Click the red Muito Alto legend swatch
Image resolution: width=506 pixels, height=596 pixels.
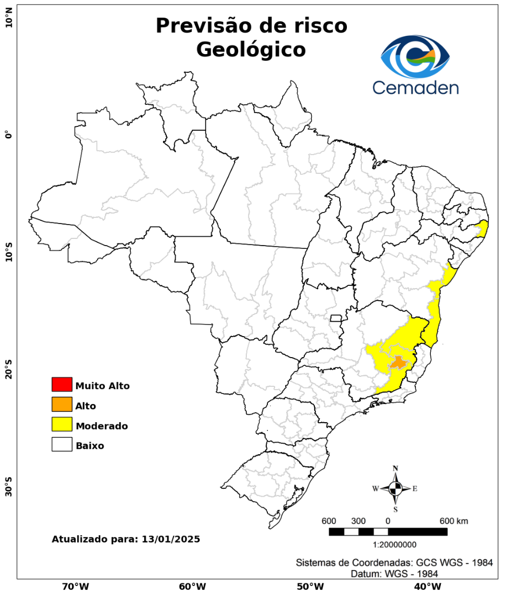(x=62, y=384)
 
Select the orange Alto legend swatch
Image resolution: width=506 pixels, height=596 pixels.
(x=62, y=405)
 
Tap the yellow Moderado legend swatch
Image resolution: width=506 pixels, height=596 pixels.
(x=62, y=424)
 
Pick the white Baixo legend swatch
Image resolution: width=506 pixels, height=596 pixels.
(x=62, y=444)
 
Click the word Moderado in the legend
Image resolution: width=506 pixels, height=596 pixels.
(x=102, y=426)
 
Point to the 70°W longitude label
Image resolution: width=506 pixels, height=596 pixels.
(x=76, y=586)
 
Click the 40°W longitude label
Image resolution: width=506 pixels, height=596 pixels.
(x=426, y=586)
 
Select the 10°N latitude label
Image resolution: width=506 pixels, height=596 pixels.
(x=8, y=22)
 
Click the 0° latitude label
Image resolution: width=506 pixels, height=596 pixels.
(x=8, y=135)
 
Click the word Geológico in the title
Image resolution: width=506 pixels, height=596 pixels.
(x=251, y=50)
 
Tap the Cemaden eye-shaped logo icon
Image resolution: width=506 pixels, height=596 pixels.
(x=415, y=57)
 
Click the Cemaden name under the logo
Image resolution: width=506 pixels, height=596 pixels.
(x=415, y=87)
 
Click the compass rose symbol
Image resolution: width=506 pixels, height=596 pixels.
(x=396, y=488)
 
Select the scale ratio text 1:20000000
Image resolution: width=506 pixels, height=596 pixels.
(x=395, y=545)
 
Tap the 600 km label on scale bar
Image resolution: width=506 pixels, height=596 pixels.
(x=454, y=521)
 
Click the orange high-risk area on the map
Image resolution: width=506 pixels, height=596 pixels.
(x=398, y=363)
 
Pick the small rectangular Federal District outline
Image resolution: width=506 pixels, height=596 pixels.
(x=336, y=318)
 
